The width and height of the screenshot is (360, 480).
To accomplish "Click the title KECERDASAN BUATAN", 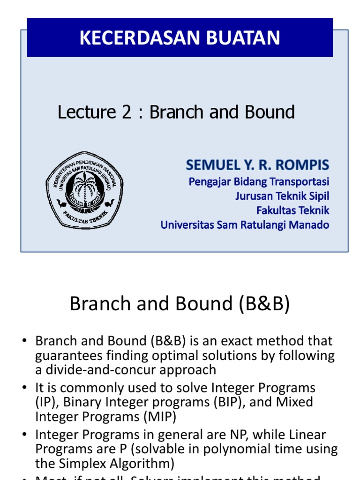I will pyautogui.click(x=180, y=38).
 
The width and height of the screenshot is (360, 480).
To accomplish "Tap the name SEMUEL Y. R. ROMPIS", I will pyautogui.click(x=257, y=165).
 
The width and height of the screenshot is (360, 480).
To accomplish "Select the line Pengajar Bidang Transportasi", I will pyautogui.click(x=259, y=181).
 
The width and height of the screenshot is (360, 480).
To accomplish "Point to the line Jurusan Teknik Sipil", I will pyautogui.click(x=282, y=196).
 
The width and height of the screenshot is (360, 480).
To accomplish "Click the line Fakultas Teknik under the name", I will pyautogui.click(x=293, y=210).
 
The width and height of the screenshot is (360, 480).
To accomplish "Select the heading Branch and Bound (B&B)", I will pyautogui.click(x=180, y=304).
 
